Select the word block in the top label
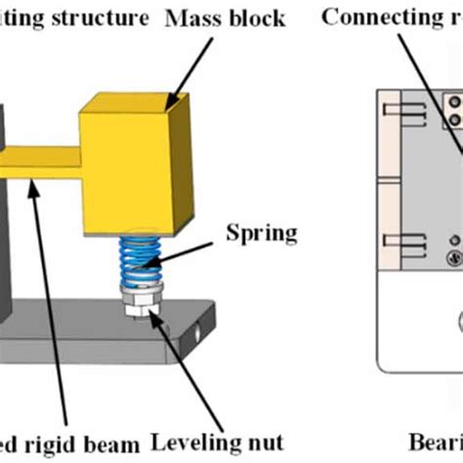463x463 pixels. tap(253, 18)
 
